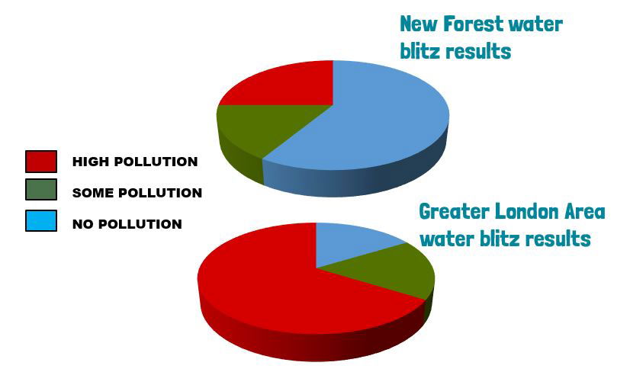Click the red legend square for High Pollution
(41, 162)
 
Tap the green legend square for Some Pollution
(41, 190)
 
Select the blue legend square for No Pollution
(41, 220)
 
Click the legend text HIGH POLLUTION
(135, 162)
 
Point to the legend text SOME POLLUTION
(137, 193)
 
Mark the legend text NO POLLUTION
(127, 224)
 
